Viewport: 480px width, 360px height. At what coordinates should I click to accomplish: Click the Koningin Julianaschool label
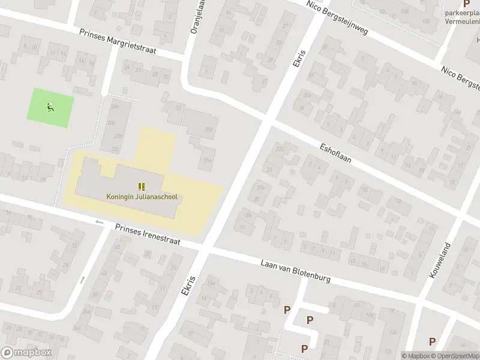(142, 196)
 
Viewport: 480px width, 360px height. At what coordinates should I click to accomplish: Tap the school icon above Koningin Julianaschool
(142, 187)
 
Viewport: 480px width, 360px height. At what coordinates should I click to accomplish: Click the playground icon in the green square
(50, 107)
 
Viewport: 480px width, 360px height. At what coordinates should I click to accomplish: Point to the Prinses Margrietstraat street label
(118, 42)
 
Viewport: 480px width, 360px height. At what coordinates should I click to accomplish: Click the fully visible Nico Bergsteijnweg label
(337, 17)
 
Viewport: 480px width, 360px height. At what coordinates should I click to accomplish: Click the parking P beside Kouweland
(432, 341)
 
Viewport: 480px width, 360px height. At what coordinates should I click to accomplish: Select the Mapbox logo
(26, 353)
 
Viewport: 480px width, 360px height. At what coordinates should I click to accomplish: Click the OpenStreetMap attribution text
(454, 356)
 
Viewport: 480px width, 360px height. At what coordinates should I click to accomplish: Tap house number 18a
(247, 215)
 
